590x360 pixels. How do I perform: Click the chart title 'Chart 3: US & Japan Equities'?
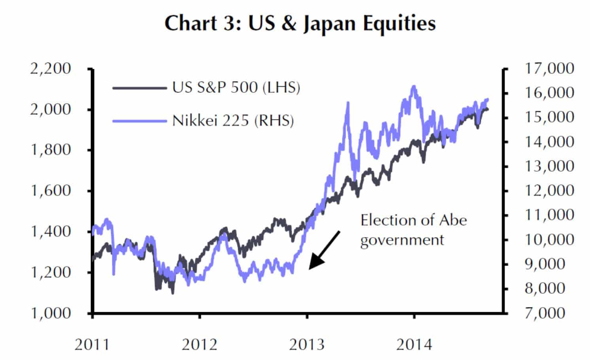tap(300, 23)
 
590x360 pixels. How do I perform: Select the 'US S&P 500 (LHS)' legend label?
tap(236, 87)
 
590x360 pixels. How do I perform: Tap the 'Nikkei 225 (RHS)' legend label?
tap(233, 121)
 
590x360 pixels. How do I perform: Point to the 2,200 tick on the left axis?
tap(51, 68)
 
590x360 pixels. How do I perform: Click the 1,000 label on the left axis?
tap(51, 313)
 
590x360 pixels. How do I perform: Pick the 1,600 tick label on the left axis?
tap(51, 190)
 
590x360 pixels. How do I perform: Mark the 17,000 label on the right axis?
tap(549, 68)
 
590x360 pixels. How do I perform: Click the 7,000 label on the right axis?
tap(545, 313)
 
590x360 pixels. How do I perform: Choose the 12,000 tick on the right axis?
tap(549, 190)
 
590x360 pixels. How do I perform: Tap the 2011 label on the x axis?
tap(92, 345)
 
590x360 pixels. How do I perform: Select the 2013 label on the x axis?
tap(307, 345)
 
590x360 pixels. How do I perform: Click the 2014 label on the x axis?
tap(414, 345)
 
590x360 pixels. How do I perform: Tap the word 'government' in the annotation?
tap(402, 240)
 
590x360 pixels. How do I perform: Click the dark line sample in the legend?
tap(139, 88)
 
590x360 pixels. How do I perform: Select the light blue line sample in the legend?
tap(139, 121)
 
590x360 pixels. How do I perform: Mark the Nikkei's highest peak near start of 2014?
tap(414, 86)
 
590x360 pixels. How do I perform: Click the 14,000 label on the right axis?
tap(549, 141)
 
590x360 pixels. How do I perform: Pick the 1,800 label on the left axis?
tap(51, 150)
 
